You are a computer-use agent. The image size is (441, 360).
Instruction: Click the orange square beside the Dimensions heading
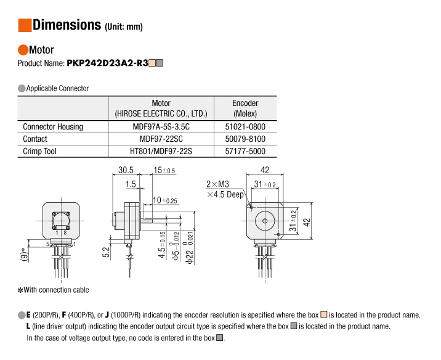(25, 25)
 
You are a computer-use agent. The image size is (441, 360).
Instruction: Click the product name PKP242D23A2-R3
(107, 63)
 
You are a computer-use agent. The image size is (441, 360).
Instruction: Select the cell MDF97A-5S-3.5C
(161, 126)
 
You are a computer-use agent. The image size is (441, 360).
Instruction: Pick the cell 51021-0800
(245, 126)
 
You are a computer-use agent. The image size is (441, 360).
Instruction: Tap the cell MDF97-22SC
(161, 139)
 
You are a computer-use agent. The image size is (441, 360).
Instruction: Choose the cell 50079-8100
(245, 139)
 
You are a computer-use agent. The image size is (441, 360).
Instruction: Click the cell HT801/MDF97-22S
(161, 151)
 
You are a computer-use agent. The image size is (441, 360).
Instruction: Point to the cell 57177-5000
(245, 151)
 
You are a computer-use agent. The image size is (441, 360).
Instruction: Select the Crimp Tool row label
(39, 151)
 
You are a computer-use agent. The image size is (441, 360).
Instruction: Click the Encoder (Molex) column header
(245, 108)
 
